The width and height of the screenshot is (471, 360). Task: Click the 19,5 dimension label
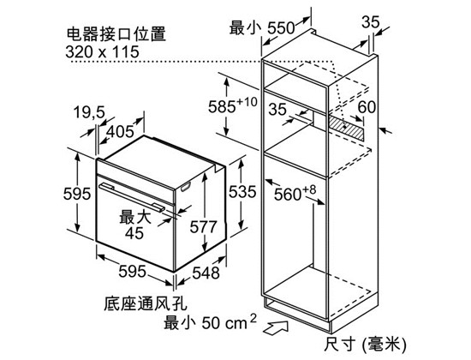(89, 112)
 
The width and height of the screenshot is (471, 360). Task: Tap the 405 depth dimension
(120, 131)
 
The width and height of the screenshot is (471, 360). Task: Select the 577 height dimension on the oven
(203, 227)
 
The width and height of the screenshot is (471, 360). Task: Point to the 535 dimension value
(242, 192)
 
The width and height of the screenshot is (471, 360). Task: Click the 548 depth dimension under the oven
(206, 273)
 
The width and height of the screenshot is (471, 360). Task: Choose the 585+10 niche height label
(233, 105)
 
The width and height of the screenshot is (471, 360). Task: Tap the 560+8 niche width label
(295, 193)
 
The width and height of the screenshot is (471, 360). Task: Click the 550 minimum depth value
(281, 28)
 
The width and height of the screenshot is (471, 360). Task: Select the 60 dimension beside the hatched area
(367, 106)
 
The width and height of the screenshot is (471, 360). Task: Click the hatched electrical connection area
(345, 128)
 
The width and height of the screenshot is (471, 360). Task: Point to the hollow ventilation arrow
(276, 327)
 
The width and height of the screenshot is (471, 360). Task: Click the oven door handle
(132, 197)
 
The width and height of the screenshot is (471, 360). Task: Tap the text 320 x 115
(102, 51)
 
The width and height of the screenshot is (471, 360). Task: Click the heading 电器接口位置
(116, 34)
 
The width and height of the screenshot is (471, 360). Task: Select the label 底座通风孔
(146, 303)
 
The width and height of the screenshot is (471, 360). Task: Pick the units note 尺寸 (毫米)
(365, 344)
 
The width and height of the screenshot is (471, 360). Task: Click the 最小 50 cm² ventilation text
(211, 322)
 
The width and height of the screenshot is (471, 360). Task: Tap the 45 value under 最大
(134, 232)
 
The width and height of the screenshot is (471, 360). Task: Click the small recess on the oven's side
(186, 187)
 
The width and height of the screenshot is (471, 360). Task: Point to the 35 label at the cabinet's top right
(370, 22)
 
